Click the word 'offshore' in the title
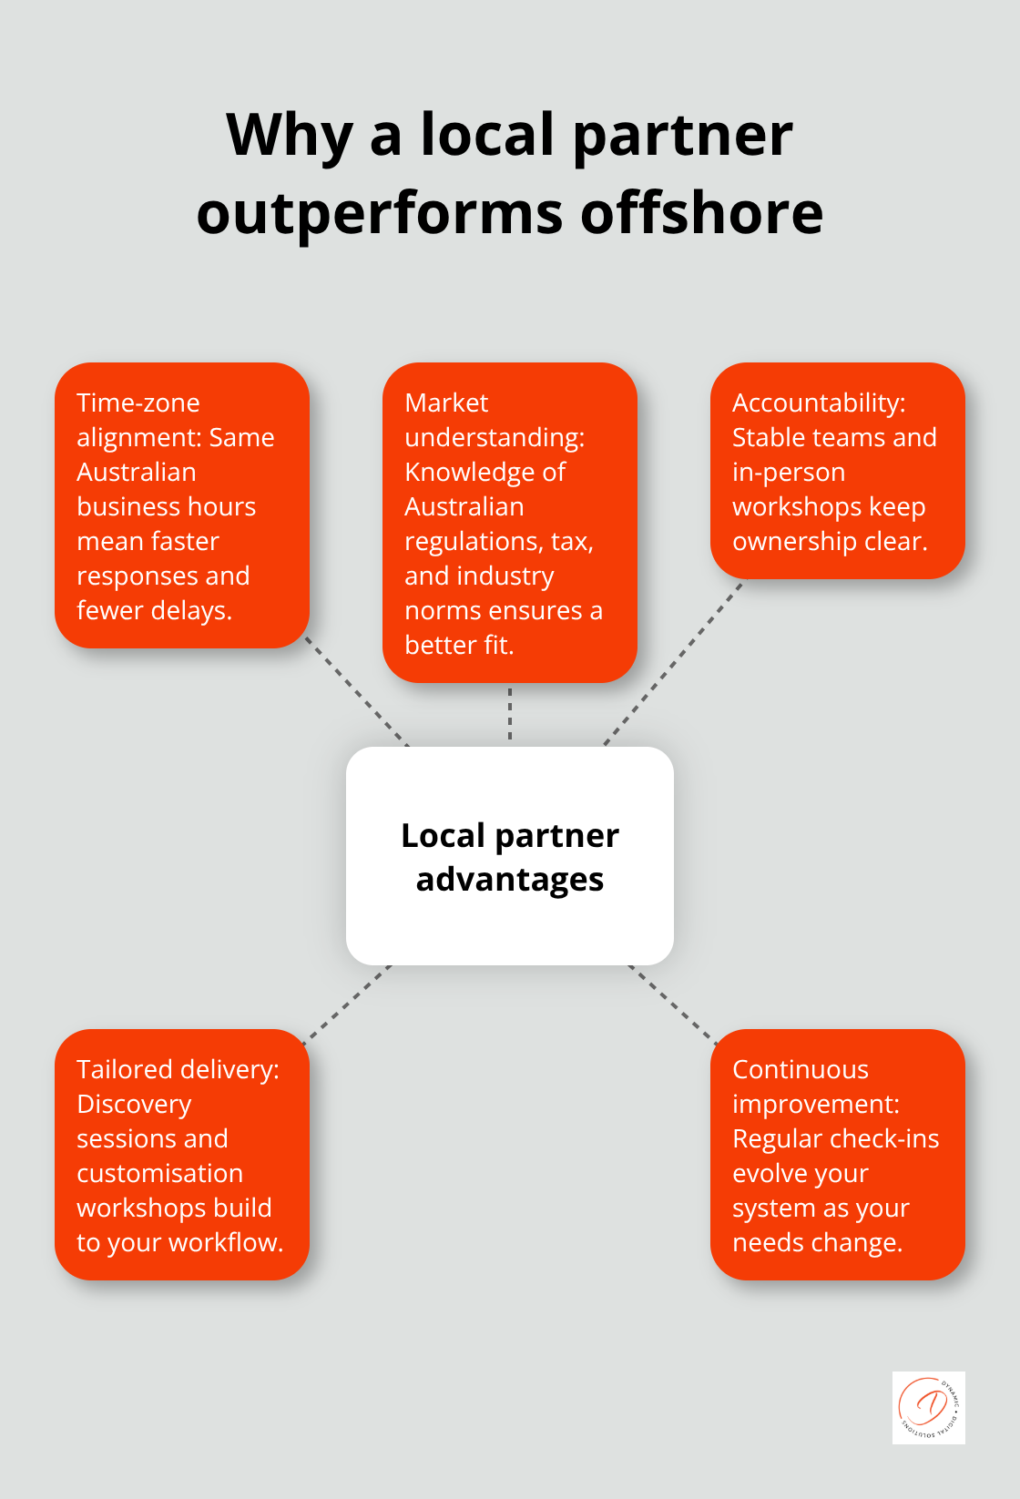pos(701,214)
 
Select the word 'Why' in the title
pos(289,136)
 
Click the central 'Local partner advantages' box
pos(510,856)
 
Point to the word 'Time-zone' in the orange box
pos(138,403)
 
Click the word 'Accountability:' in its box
pos(819,403)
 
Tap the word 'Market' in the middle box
pos(446,403)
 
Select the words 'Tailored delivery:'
pos(178,1069)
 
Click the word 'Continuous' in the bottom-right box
pos(801,1069)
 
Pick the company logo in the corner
pos(928,1407)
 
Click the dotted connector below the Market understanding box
pos(510,714)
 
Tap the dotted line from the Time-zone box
pos(357,691)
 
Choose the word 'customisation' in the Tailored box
pos(159,1173)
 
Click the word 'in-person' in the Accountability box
pos(789,472)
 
